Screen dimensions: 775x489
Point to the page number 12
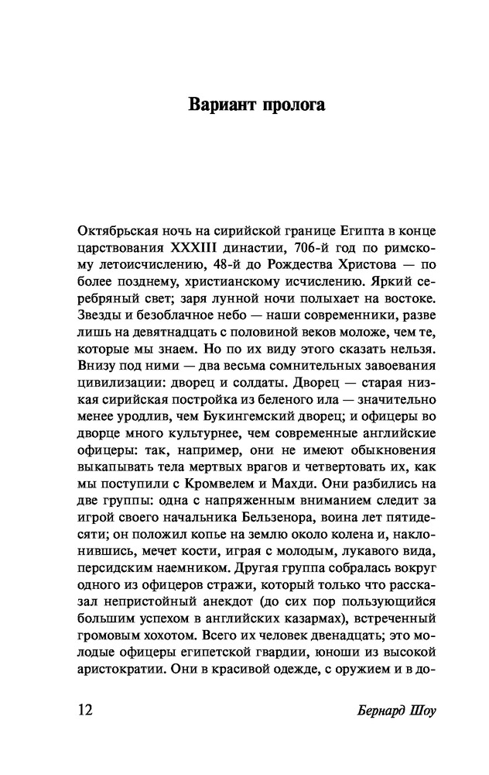(x=85, y=711)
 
